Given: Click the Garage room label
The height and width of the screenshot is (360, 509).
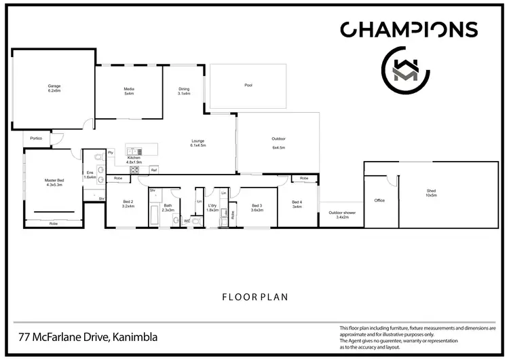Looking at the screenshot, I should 54,88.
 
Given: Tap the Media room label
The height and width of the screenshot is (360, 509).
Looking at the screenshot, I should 128,91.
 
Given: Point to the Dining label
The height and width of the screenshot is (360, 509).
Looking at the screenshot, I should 184,91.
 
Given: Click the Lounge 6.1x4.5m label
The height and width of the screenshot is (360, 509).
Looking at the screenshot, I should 198,143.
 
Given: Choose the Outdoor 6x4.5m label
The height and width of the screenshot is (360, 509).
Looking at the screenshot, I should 278,143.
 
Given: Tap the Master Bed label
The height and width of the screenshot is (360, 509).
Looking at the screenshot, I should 54,182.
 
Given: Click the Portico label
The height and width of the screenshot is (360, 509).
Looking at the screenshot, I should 36,139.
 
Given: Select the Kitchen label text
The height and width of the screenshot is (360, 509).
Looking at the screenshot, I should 134,160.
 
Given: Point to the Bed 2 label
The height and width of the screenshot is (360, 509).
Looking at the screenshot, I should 128,204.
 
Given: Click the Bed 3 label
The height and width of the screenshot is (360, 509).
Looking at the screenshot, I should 257,208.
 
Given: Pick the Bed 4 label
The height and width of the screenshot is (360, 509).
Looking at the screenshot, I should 297,204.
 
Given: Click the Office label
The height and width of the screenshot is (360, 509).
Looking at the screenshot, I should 379,200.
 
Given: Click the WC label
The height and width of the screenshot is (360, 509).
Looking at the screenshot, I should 186,220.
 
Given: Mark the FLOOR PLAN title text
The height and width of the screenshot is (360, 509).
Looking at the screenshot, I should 254,297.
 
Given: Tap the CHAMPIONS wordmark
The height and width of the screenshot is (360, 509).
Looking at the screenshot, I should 409,29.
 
